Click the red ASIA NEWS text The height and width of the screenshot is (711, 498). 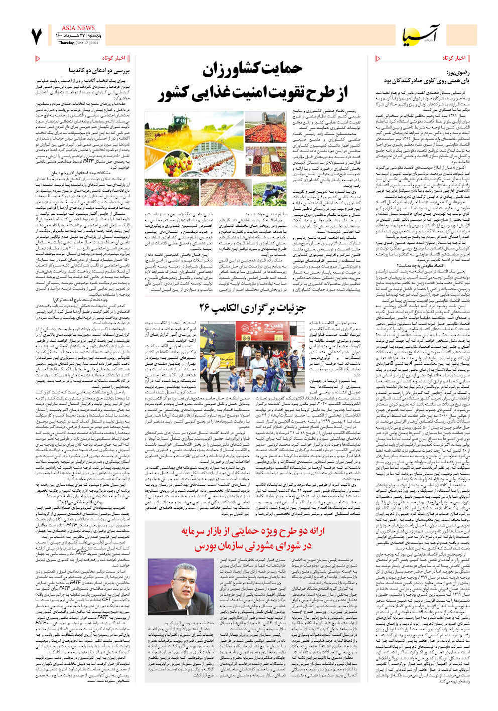coord(78,28)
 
